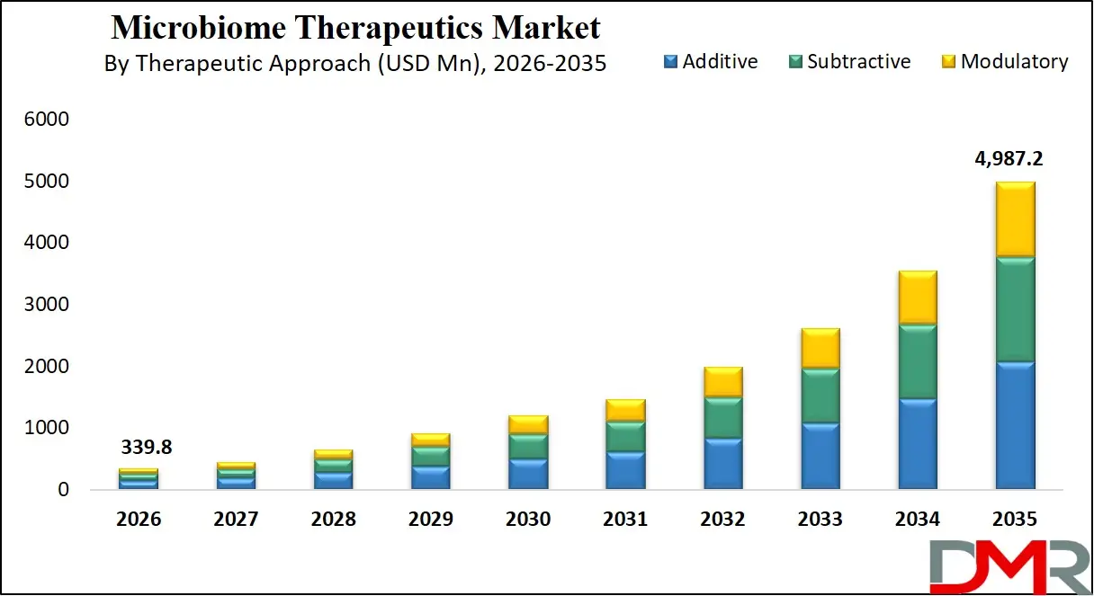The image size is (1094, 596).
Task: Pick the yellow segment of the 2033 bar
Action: [x=820, y=348]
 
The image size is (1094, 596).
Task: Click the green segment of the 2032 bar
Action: [x=722, y=418]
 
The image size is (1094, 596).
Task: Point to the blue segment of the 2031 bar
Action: [x=625, y=470]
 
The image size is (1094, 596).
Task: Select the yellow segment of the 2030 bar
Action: [x=528, y=424]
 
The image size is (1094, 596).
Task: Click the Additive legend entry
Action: [x=711, y=62]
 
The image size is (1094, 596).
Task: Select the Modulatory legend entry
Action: [x=1004, y=62]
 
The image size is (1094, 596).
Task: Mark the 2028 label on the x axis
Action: [x=333, y=520]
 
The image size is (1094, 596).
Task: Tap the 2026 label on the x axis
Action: [x=138, y=520]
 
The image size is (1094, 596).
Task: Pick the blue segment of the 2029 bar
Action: [x=430, y=477]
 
